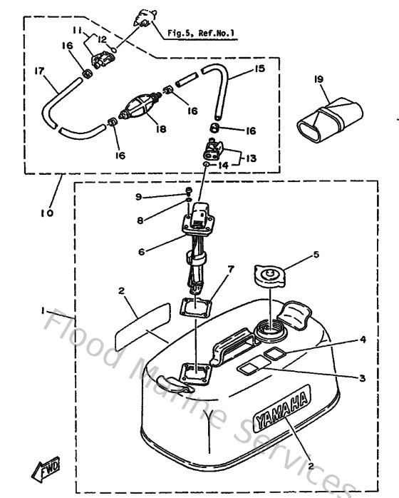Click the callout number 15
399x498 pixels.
coord(258,69)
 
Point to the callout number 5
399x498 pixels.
coord(317,253)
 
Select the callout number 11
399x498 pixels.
coord(78,30)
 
